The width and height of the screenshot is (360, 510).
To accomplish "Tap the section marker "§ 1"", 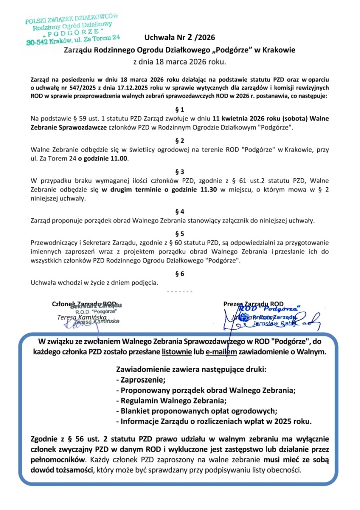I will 180,109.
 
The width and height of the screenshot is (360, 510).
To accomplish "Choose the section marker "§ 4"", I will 180,211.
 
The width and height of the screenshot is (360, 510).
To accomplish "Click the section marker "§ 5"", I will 180,233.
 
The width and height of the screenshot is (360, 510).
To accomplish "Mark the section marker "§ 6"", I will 180,273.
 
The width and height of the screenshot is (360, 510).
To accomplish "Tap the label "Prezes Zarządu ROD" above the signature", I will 253,303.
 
